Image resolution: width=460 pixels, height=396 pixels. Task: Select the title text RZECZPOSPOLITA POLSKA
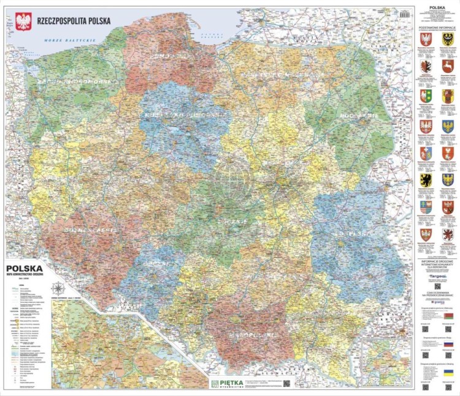[x=74, y=20]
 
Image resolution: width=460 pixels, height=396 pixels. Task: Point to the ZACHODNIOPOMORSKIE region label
[x=72, y=82]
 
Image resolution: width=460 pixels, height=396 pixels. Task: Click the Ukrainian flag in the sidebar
[x=448, y=372]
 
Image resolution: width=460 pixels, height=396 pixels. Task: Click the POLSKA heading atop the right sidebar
[x=437, y=8]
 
